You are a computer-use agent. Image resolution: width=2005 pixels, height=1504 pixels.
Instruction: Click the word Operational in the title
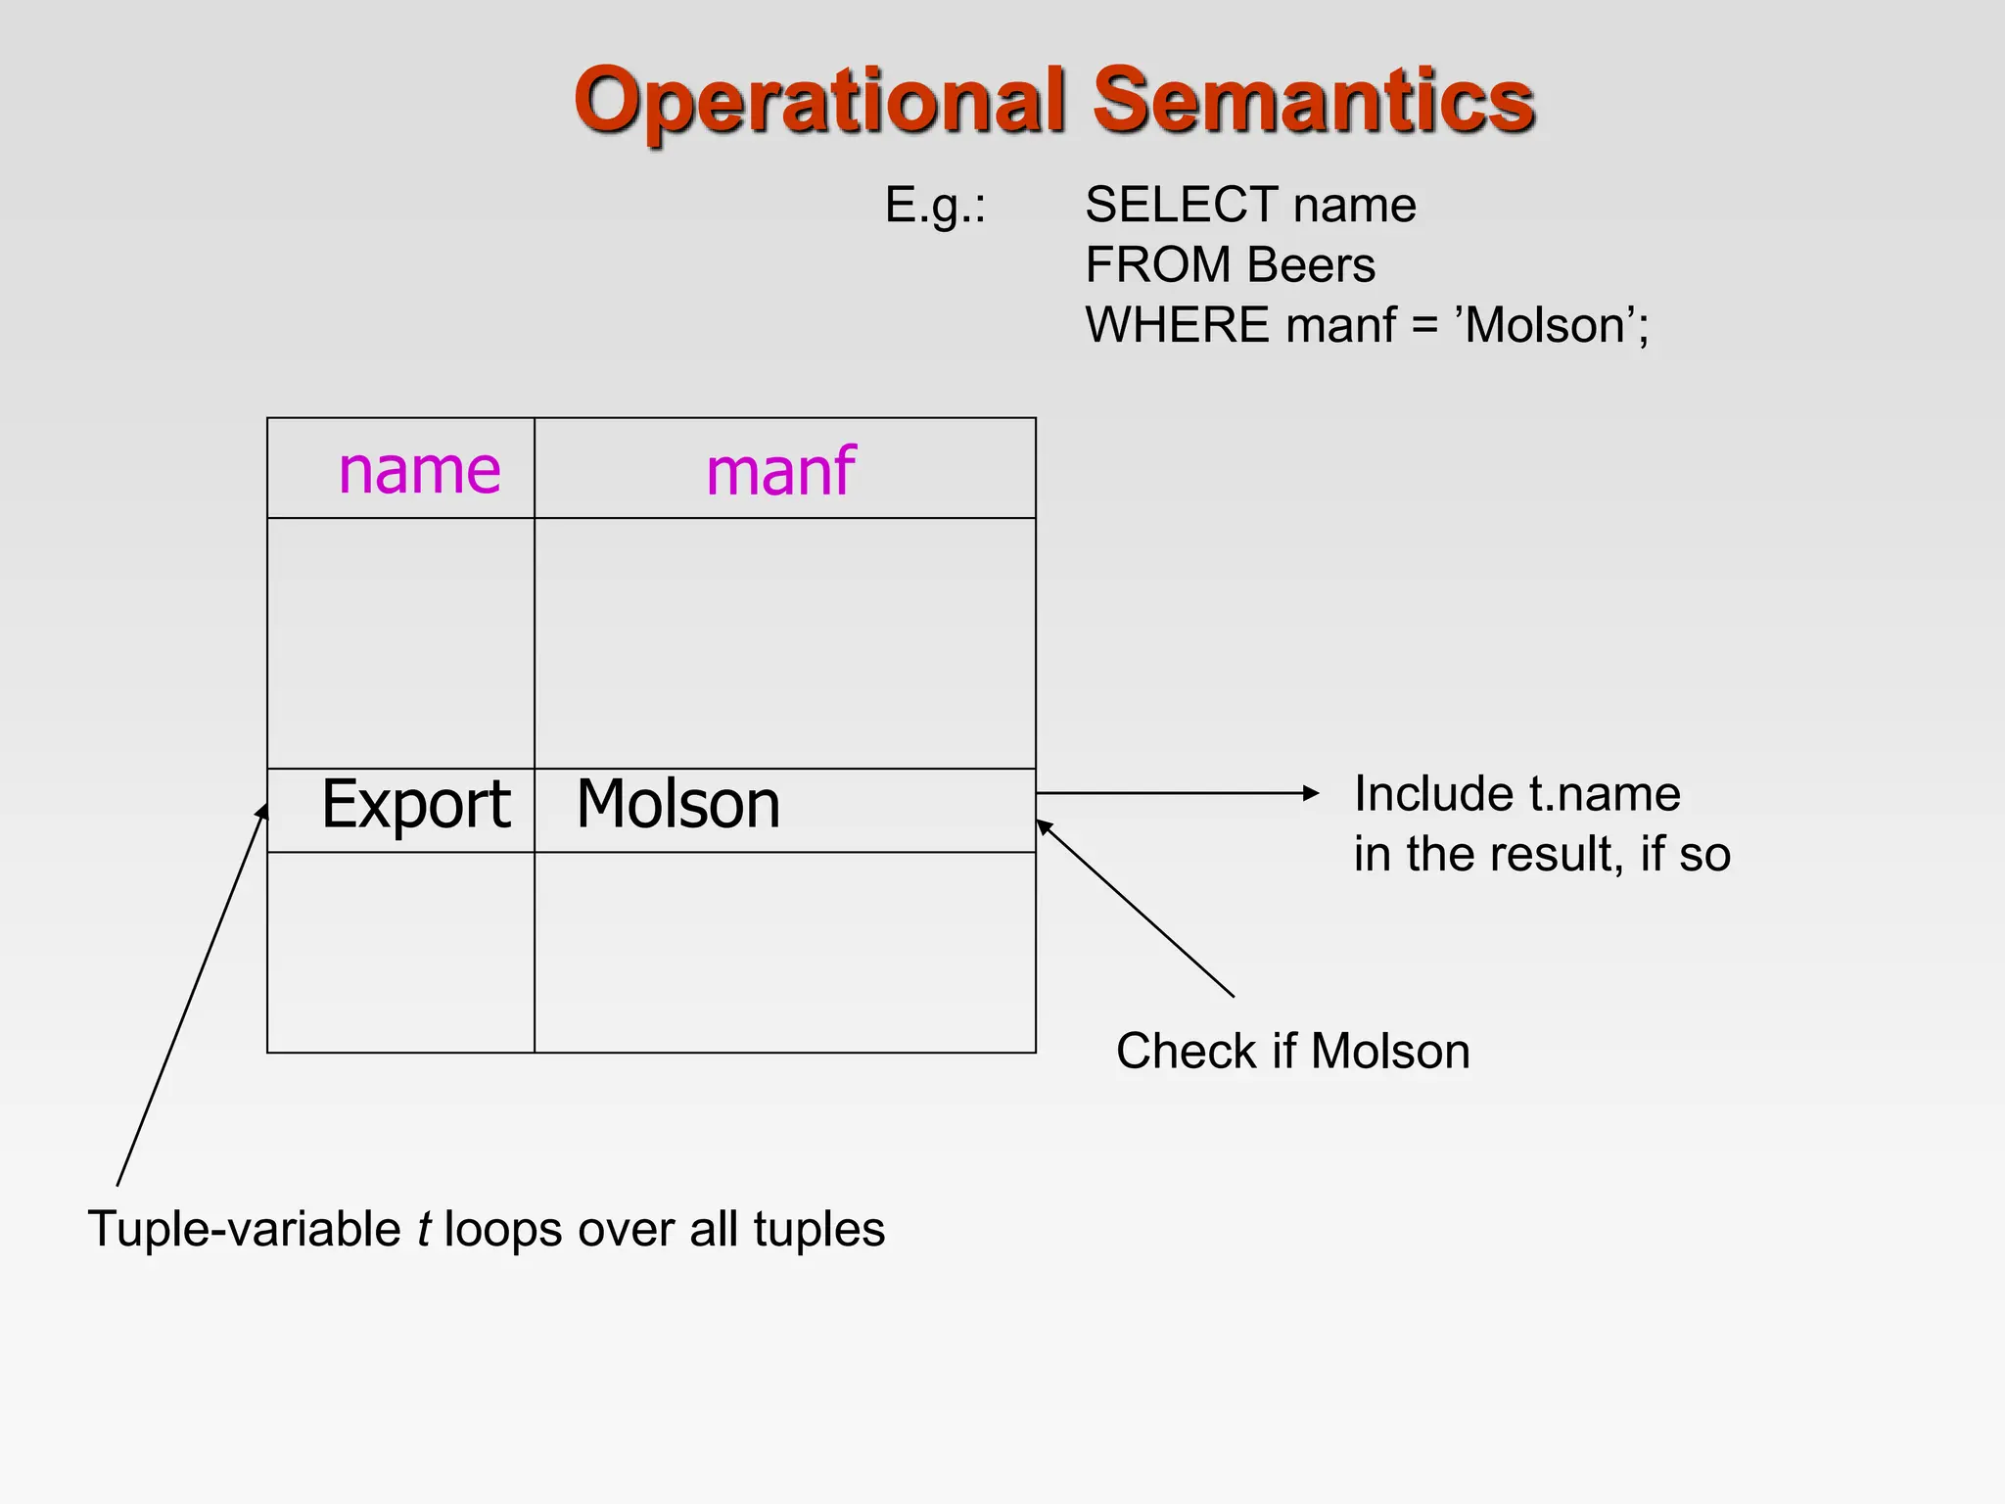[x=818, y=101]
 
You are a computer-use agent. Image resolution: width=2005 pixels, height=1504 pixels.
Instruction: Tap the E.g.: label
[x=935, y=206]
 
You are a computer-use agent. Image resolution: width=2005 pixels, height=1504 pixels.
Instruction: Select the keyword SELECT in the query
[x=1182, y=206]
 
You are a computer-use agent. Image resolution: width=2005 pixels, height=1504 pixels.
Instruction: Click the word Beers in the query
[x=1311, y=265]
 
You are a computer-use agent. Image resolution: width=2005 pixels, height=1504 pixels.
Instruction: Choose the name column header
[x=419, y=470]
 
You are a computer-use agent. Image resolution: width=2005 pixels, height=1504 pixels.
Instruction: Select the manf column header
[x=780, y=472]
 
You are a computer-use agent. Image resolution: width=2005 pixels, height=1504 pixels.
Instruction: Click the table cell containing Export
[x=415, y=805]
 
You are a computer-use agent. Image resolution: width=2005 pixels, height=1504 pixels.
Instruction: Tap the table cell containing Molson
[x=677, y=805]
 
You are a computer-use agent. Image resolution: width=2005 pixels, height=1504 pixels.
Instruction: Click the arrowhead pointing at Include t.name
[x=1312, y=793]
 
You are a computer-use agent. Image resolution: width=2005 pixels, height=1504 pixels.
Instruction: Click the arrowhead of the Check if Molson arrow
[x=1044, y=826]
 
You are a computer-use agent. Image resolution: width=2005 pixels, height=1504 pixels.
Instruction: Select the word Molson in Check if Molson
[x=1390, y=1052]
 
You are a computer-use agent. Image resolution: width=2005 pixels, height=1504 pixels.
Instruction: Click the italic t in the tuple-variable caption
[x=423, y=1230]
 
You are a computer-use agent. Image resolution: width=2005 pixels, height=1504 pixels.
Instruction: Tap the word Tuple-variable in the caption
[x=244, y=1230]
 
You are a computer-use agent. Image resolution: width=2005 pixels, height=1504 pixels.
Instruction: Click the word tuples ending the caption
[x=819, y=1230]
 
